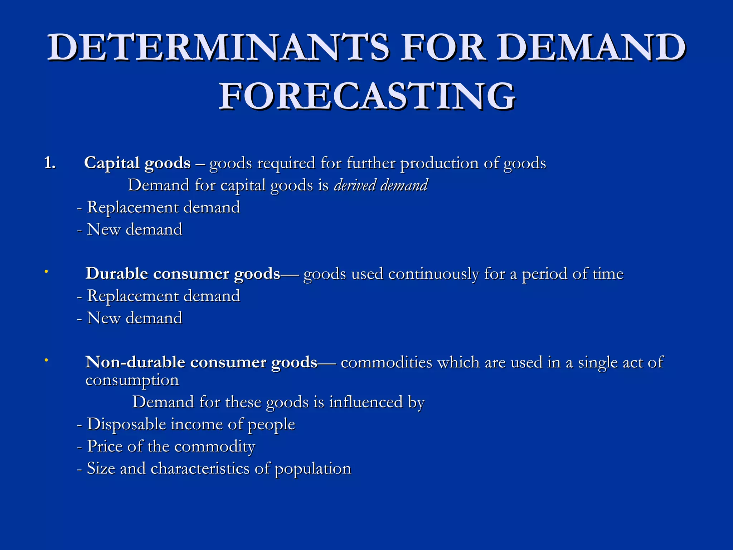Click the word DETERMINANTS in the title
(x=218, y=48)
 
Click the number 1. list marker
(x=50, y=163)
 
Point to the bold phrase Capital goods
(x=137, y=163)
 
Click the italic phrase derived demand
(x=381, y=185)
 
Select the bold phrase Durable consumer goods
(x=183, y=274)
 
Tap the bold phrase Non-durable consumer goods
(x=201, y=362)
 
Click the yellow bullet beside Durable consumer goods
(x=46, y=272)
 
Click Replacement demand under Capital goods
(x=163, y=208)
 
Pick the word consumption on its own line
(x=132, y=380)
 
